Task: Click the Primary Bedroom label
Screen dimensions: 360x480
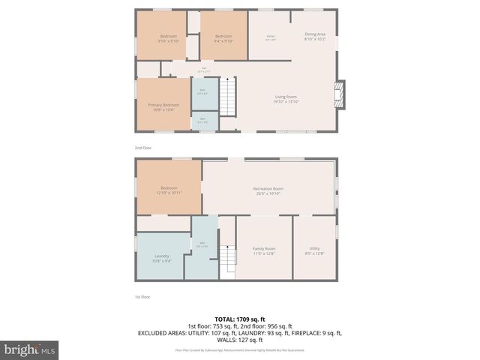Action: coord(161,107)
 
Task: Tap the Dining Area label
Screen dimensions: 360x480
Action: coord(315,36)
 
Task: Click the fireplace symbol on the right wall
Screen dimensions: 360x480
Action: coord(340,94)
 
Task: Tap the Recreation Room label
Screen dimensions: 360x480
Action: coord(268,190)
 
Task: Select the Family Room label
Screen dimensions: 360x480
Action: coord(263,250)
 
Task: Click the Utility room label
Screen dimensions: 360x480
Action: coord(314,250)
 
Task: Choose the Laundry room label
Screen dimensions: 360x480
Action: coord(161,259)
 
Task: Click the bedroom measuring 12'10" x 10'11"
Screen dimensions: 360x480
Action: coord(169,190)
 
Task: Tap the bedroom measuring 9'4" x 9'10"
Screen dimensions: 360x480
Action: coord(223,38)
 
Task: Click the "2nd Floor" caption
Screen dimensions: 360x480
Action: coord(142,148)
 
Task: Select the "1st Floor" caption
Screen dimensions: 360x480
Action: coord(142,296)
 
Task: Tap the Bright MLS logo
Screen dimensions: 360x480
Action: coord(30,349)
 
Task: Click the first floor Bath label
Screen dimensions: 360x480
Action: coord(202,244)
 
